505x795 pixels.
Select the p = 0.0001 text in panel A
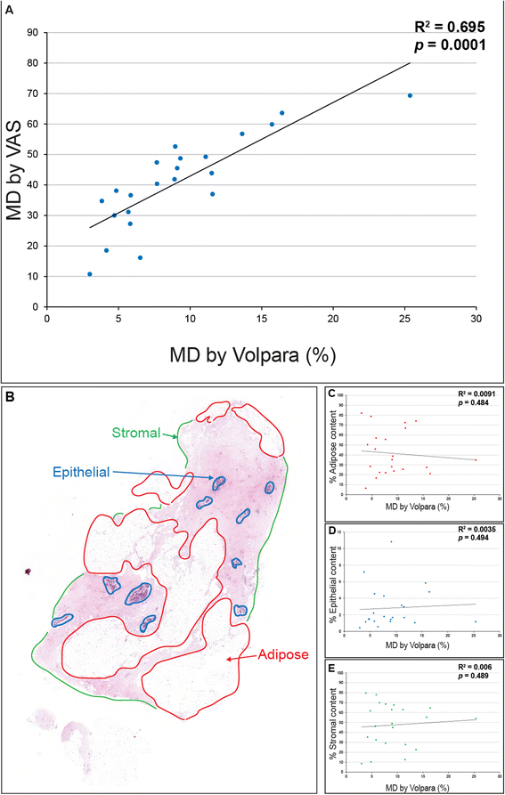[451, 46]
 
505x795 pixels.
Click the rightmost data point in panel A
[410, 95]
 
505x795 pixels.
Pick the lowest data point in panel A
[90, 274]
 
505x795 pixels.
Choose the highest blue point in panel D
[390, 541]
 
